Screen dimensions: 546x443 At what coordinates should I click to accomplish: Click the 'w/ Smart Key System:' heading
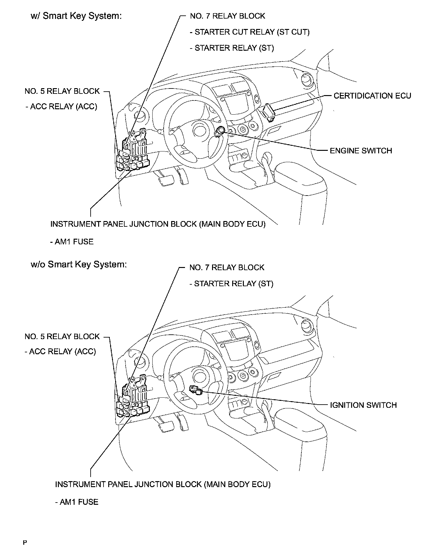point(76,16)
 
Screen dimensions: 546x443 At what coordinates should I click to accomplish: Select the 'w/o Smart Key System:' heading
point(78,264)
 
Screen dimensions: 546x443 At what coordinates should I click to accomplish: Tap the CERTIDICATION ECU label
point(372,96)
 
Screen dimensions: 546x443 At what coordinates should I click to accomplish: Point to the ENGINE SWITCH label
point(361,151)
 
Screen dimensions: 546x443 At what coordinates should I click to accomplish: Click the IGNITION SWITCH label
point(363,405)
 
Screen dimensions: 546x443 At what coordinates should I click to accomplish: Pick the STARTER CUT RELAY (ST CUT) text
point(252,32)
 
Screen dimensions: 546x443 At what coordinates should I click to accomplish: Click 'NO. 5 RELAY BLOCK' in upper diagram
point(62,91)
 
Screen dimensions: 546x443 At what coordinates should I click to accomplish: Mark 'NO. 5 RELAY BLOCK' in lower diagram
point(62,336)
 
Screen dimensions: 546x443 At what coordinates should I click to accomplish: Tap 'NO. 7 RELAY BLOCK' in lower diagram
point(227,268)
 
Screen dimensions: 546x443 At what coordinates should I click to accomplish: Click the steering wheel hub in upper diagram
point(199,129)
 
